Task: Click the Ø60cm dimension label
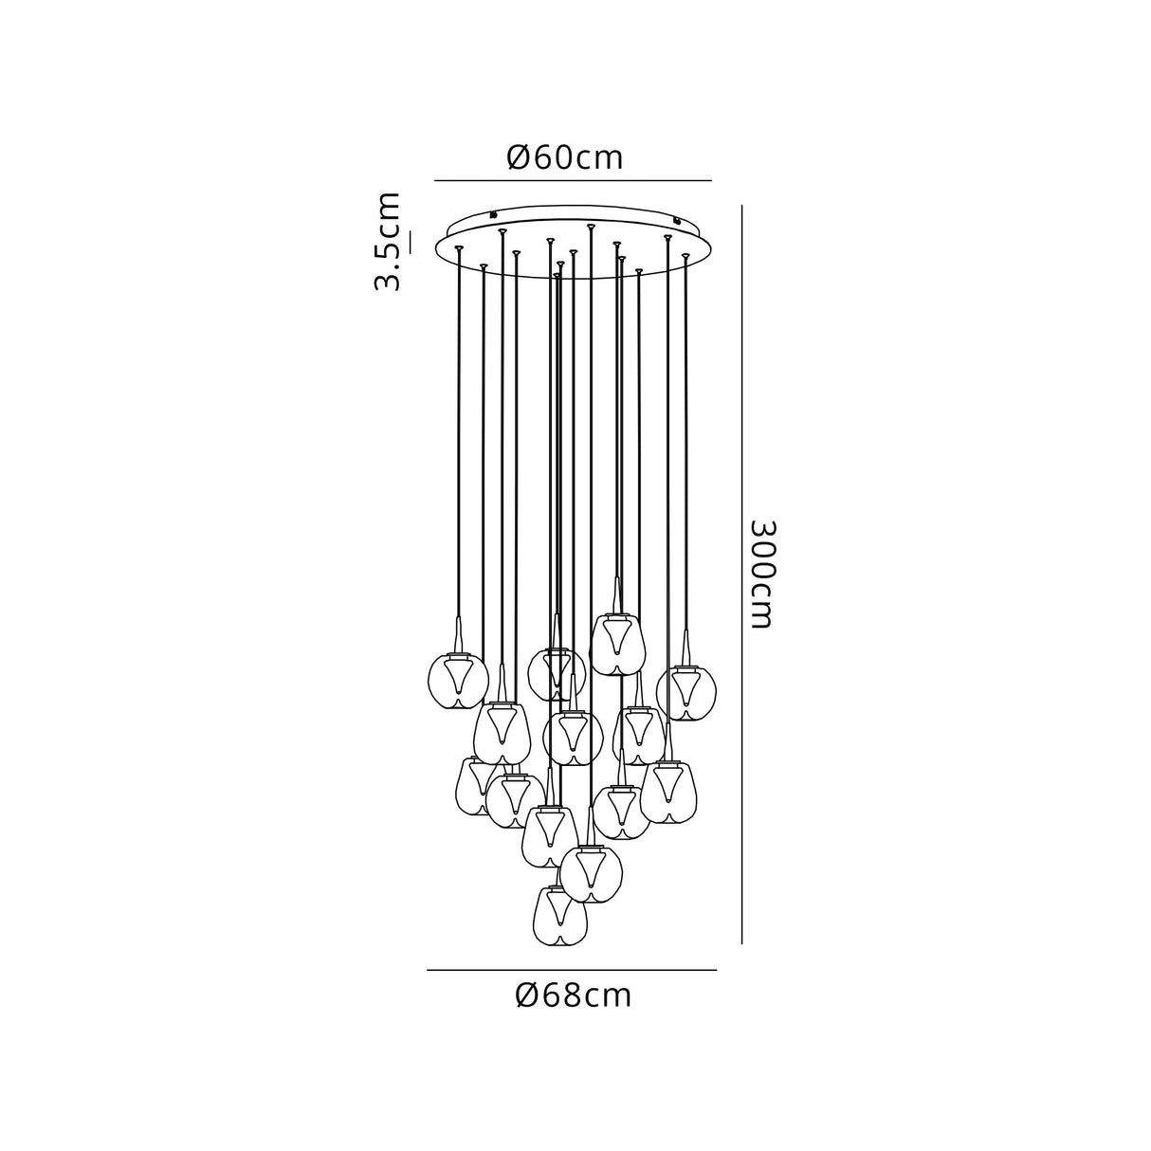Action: coord(564,157)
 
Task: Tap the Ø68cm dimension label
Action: coord(573,996)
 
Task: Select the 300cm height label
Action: coord(763,575)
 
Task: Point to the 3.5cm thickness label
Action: coord(387,242)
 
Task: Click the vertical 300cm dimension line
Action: coord(741,575)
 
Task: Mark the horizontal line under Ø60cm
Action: coord(573,180)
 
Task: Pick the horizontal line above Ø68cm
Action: coord(572,970)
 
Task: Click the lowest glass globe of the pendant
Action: coord(559,924)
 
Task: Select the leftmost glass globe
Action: coord(458,681)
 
